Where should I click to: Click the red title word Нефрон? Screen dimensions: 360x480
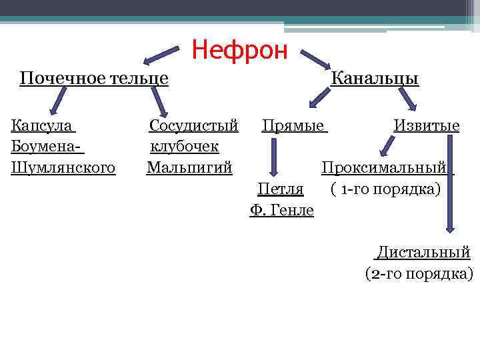pyautogui.click(x=239, y=49)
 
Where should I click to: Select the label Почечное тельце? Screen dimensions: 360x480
pyautogui.click(x=93, y=79)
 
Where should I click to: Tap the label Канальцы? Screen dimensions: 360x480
pyautogui.click(x=375, y=79)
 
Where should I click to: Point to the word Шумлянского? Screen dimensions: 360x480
pyautogui.click(x=63, y=167)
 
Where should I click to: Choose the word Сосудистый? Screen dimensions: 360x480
pyautogui.click(x=193, y=125)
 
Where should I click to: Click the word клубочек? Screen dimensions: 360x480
pyautogui.click(x=185, y=145)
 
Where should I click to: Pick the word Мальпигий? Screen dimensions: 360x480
pyautogui.click(x=189, y=167)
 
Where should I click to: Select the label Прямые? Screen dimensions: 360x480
pyautogui.click(x=294, y=125)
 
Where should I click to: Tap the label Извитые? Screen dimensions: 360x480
pyautogui.click(x=426, y=125)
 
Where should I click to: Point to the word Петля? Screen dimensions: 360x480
pyautogui.click(x=281, y=189)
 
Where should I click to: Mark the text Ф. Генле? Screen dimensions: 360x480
pyautogui.click(x=281, y=210)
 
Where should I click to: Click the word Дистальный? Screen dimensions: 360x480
pyautogui.click(x=423, y=252)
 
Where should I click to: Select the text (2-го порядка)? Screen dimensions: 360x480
pyautogui.click(x=419, y=273)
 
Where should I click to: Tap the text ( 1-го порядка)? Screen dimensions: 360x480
pyautogui.click(x=385, y=189)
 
